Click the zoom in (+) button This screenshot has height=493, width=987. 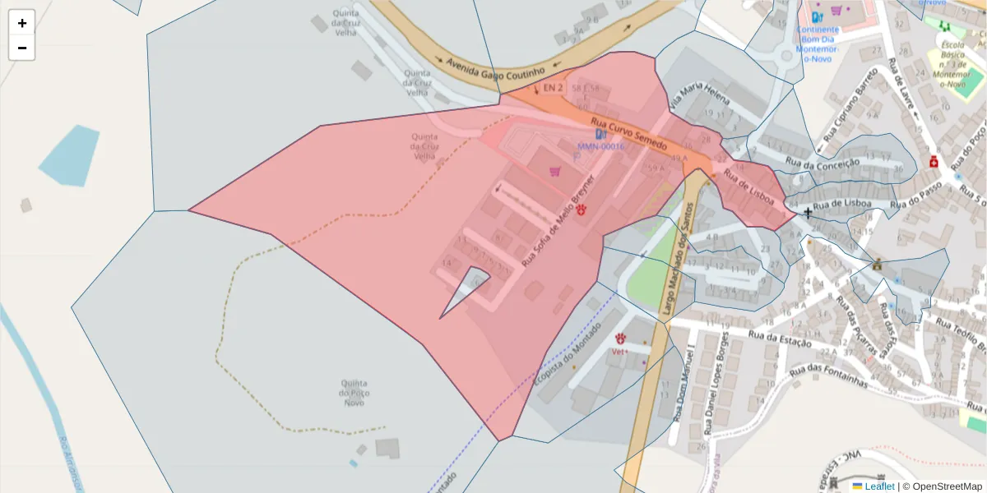22,23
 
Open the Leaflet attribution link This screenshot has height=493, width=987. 878,486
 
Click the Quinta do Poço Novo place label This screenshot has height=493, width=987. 354,393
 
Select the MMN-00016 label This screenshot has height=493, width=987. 600,147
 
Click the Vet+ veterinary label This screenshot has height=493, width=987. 620,352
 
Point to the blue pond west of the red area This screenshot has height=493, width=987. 71,155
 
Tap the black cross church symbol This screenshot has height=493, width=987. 808,214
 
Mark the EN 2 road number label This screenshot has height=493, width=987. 553,87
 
